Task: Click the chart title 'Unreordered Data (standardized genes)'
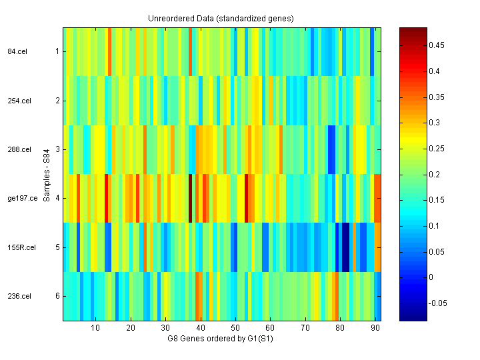pyautogui.click(x=221, y=18)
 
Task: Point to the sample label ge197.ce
pyautogui.click(x=22, y=198)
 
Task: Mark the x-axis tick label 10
pyautogui.click(x=95, y=327)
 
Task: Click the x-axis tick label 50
pyautogui.click(x=235, y=327)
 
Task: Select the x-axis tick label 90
pyautogui.click(x=375, y=327)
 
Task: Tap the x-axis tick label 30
pyautogui.click(x=165, y=327)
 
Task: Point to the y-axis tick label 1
pyautogui.click(x=57, y=51)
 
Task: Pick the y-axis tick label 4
pyautogui.click(x=57, y=198)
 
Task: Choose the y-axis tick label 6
pyautogui.click(x=57, y=296)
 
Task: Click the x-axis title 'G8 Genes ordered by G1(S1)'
pyautogui.click(x=221, y=338)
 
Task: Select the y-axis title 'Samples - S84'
pyautogui.click(x=47, y=174)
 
